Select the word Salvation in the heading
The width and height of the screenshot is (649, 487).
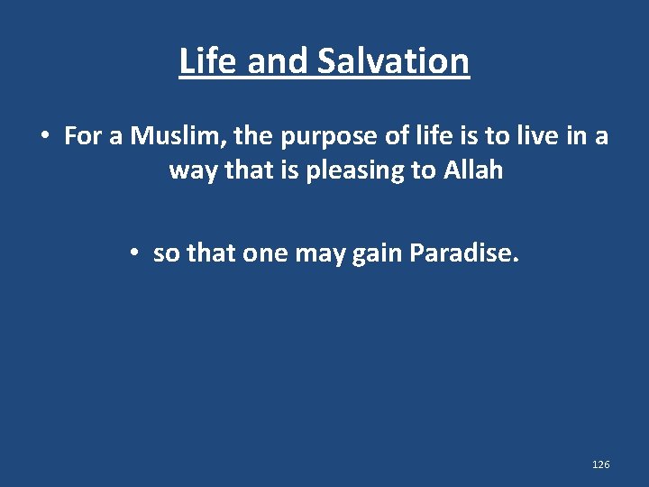tap(394, 61)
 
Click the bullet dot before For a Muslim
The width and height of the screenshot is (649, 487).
tap(43, 136)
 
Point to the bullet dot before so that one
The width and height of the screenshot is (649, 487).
tap(133, 254)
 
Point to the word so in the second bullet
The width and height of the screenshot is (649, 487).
tap(166, 254)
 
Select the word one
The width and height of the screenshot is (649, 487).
tap(265, 254)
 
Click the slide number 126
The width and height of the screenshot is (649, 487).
tap(600, 464)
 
